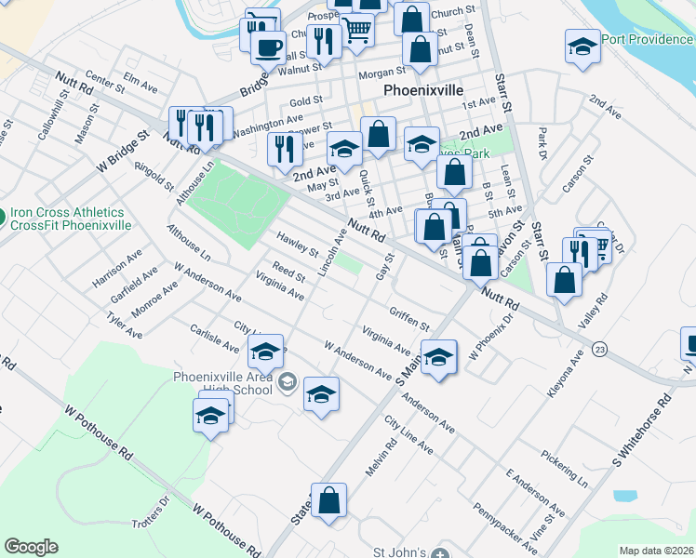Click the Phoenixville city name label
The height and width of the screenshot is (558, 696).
422,91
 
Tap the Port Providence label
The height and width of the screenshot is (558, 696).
648,39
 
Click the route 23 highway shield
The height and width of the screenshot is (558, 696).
600,349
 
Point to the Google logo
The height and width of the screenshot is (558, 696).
31,547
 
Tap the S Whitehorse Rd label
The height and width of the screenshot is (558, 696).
642,434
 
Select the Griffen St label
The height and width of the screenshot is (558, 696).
409,319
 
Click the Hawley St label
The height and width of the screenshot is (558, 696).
298,245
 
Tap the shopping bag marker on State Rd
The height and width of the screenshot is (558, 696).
328,501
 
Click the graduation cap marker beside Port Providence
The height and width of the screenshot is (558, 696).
582,47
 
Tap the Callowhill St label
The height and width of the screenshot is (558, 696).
59,121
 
